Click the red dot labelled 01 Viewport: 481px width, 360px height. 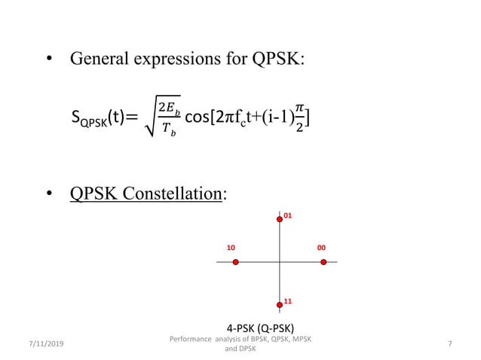pyautogui.click(x=280, y=218)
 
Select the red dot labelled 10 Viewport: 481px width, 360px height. pyautogui.click(x=236, y=262)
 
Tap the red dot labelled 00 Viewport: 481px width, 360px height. pyautogui.click(x=323, y=262)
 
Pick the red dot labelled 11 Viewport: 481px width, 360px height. pyautogui.click(x=280, y=305)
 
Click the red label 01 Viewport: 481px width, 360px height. pyautogui.click(x=288, y=215)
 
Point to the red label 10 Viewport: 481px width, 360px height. pyautogui.click(x=231, y=247)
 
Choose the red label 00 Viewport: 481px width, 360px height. pyautogui.click(x=321, y=247)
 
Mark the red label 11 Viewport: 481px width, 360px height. pyautogui.click(x=288, y=301)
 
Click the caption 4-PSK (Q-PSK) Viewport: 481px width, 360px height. pyautogui.click(x=260, y=328)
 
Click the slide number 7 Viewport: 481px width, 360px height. pyautogui.click(x=449, y=344)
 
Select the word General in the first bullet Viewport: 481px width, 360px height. pyautogui.click(x=97, y=59)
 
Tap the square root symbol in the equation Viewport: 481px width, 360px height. pyautogui.click(x=150, y=123)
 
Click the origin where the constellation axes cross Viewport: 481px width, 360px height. pyautogui.click(x=280, y=262)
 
